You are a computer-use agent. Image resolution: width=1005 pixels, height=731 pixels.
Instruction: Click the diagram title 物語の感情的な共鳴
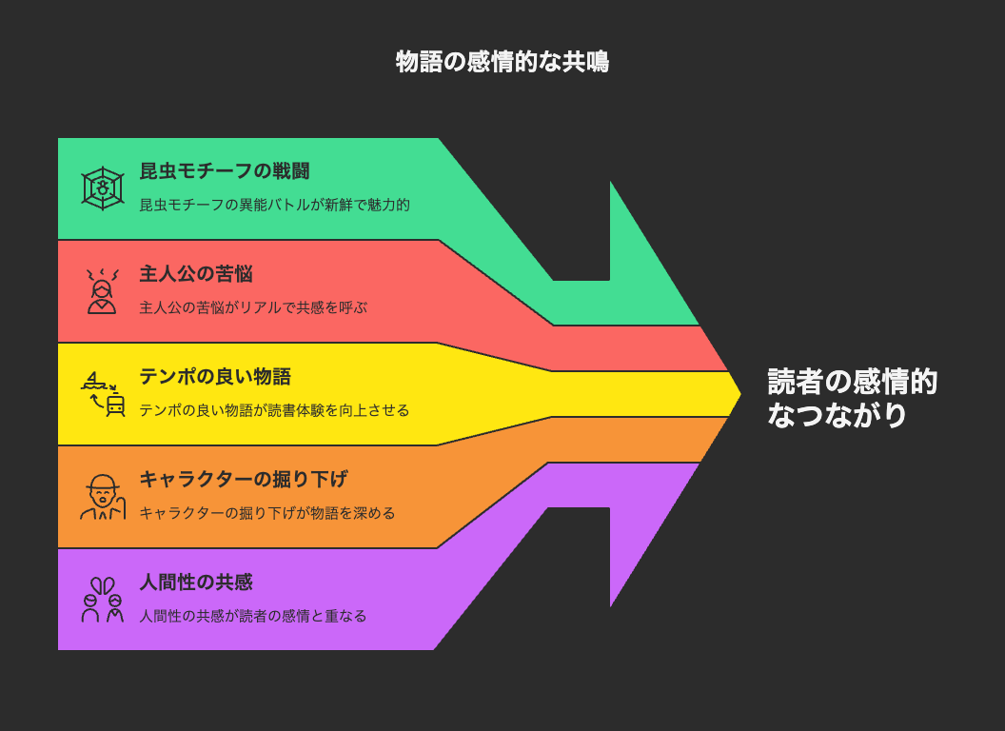click(x=502, y=62)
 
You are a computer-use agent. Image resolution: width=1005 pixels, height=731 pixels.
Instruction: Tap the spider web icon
click(x=103, y=188)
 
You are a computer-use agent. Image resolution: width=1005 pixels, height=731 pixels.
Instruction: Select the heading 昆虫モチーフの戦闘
click(x=225, y=171)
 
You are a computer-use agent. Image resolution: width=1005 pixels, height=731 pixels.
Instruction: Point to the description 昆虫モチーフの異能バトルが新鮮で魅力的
click(x=274, y=206)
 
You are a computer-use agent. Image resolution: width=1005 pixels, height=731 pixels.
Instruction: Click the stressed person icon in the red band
click(x=103, y=291)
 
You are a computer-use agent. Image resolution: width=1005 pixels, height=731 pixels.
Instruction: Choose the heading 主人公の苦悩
click(x=196, y=274)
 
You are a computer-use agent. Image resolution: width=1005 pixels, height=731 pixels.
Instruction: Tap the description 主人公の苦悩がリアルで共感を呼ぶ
click(x=253, y=307)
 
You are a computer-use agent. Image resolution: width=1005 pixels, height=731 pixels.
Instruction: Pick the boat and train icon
click(x=103, y=394)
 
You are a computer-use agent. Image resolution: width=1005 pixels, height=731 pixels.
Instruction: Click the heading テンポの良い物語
click(x=215, y=376)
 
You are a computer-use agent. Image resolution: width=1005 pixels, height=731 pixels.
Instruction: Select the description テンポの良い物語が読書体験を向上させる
click(x=274, y=410)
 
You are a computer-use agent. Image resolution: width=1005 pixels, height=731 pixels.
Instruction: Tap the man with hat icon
click(x=103, y=497)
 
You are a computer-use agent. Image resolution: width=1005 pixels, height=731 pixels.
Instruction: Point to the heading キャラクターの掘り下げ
click(x=244, y=479)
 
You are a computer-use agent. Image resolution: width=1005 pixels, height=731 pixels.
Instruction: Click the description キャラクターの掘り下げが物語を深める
click(x=267, y=513)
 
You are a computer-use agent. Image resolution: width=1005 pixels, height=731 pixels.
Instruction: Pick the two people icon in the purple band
click(x=103, y=600)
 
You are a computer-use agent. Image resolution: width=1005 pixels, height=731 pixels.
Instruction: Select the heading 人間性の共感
click(x=196, y=583)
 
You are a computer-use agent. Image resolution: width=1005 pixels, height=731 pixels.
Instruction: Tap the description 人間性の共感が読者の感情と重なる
click(x=253, y=616)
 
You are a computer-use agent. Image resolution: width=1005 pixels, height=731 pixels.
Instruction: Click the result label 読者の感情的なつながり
click(x=853, y=398)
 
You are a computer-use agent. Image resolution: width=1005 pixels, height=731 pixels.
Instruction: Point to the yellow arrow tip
click(x=741, y=394)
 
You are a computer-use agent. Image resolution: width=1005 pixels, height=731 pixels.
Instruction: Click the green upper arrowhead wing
click(x=647, y=269)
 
